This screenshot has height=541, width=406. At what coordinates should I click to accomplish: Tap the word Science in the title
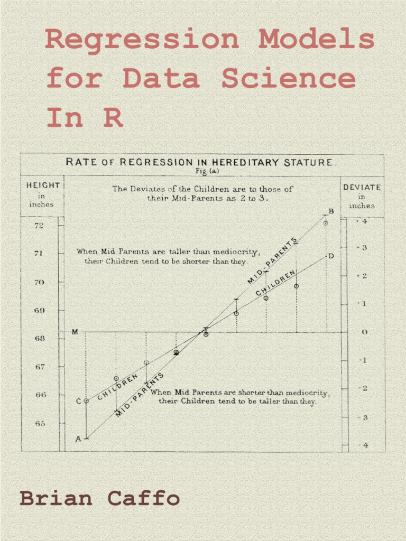pyautogui.click(x=288, y=79)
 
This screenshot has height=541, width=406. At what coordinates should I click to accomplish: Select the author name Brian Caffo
pyautogui.click(x=99, y=498)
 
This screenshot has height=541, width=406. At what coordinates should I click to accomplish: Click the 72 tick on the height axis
pyautogui.click(x=40, y=226)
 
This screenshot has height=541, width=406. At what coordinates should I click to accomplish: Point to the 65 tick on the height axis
pyautogui.click(x=40, y=423)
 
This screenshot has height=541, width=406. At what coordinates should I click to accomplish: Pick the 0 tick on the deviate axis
pyautogui.click(x=364, y=332)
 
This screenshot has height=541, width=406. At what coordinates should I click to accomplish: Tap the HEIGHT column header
pyautogui.click(x=43, y=186)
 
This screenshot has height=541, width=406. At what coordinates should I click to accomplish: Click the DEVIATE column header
pyautogui.click(x=362, y=187)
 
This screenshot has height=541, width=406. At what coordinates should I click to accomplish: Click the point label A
pyautogui.click(x=78, y=439)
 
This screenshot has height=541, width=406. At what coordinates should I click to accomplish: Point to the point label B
pyautogui.click(x=331, y=211)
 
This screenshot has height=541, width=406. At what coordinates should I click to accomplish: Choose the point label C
pyautogui.click(x=78, y=401)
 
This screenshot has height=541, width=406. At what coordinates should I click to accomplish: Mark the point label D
pyautogui.click(x=331, y=256)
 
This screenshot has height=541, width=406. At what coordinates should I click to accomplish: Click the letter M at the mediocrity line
pyautogui.click(x=75, y=332)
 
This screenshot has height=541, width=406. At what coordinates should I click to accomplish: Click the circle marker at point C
pyautogui.click(x=86, y=401)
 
